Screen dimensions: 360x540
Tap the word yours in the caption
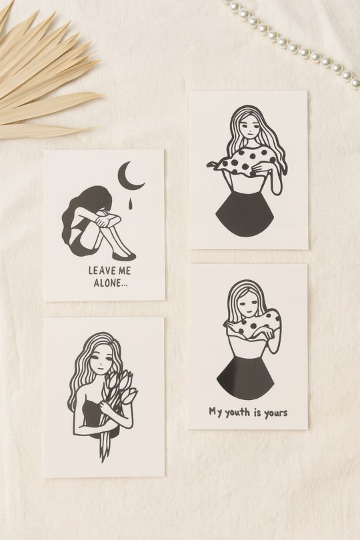click(275, 413)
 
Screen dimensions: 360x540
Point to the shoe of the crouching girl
click(124, 256)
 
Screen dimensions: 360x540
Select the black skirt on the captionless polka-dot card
click(245, 214)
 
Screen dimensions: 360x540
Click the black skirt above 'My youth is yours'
click(245, 378)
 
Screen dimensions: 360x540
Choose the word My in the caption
click(215, 412)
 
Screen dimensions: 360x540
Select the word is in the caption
click(257, 412)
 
